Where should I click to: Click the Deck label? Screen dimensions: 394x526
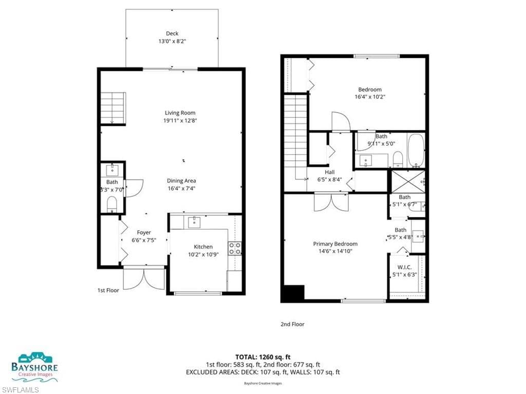coord(172,34)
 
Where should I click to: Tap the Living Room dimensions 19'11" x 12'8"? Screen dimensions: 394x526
coord(180,120)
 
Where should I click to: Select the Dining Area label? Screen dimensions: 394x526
coord(181,181)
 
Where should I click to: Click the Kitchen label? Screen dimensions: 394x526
coord(203,247)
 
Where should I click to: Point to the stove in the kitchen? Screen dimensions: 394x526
coord(235,249)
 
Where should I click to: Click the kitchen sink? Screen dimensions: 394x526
coord(194,222)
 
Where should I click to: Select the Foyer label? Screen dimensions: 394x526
coord(144,233)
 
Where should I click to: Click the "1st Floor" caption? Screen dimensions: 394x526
coord(108,291)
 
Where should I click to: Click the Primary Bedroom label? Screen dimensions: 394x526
coord(335,244)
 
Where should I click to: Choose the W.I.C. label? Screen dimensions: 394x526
coord(405,268)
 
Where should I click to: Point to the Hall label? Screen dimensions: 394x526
coord(330,172)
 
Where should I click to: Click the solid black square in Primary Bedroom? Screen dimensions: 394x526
coord(293,293)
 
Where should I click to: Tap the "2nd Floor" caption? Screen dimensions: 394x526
coord(292,324)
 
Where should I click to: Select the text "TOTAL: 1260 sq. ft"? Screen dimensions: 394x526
coord(262,357)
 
